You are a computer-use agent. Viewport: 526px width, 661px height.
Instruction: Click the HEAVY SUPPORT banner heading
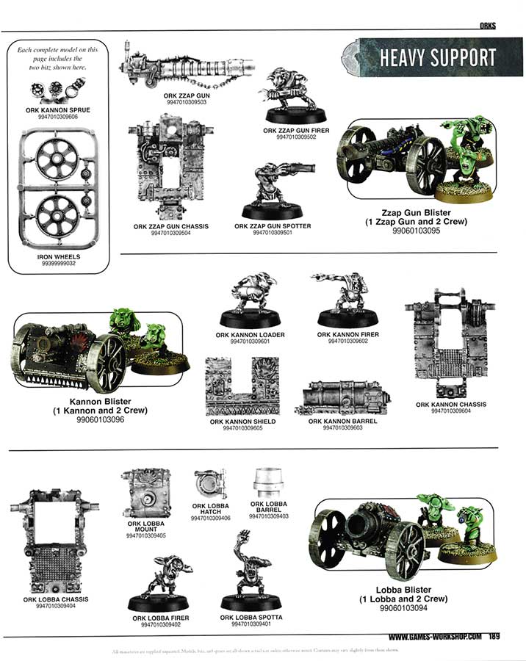436,58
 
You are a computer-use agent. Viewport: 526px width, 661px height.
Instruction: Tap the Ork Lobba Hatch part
210,485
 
